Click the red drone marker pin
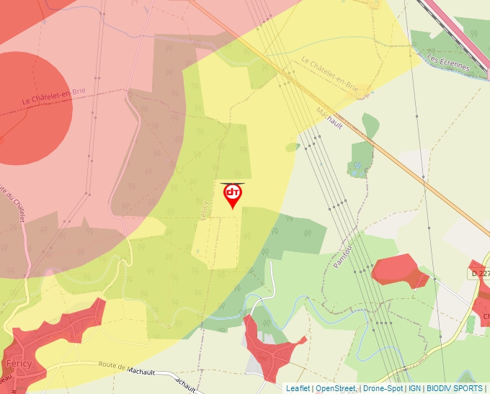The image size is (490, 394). click(x=232, y=194)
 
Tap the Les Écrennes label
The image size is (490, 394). click(x=447, y=62)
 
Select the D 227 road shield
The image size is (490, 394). click(x=478, y=274)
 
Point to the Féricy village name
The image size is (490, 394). click(x=18, y=363)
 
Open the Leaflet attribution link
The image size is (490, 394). click(x=298, y=388)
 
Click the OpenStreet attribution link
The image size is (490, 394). click(x=336, y=388)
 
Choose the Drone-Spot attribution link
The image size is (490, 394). click(x=383, y=388)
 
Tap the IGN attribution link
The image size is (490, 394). click(x=414, y=388)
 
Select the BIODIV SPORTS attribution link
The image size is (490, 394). click(x=455, y=388)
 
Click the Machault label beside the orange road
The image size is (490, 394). click(x=329, y=117)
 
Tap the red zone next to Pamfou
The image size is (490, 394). click(x=401, y=270)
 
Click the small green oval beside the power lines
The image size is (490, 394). click(x=292, y=147)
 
